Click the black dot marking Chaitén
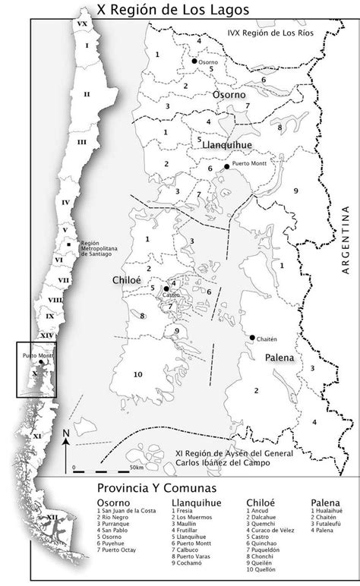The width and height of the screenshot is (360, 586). pos(251,337)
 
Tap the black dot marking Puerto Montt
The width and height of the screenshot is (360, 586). pos(226,165)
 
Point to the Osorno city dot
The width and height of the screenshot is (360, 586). pos(194,61)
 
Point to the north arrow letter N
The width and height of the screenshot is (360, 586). pos(67,433)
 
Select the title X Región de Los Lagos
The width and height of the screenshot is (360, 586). pos(180,9)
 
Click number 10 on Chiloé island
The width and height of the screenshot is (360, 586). pos(137,373)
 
